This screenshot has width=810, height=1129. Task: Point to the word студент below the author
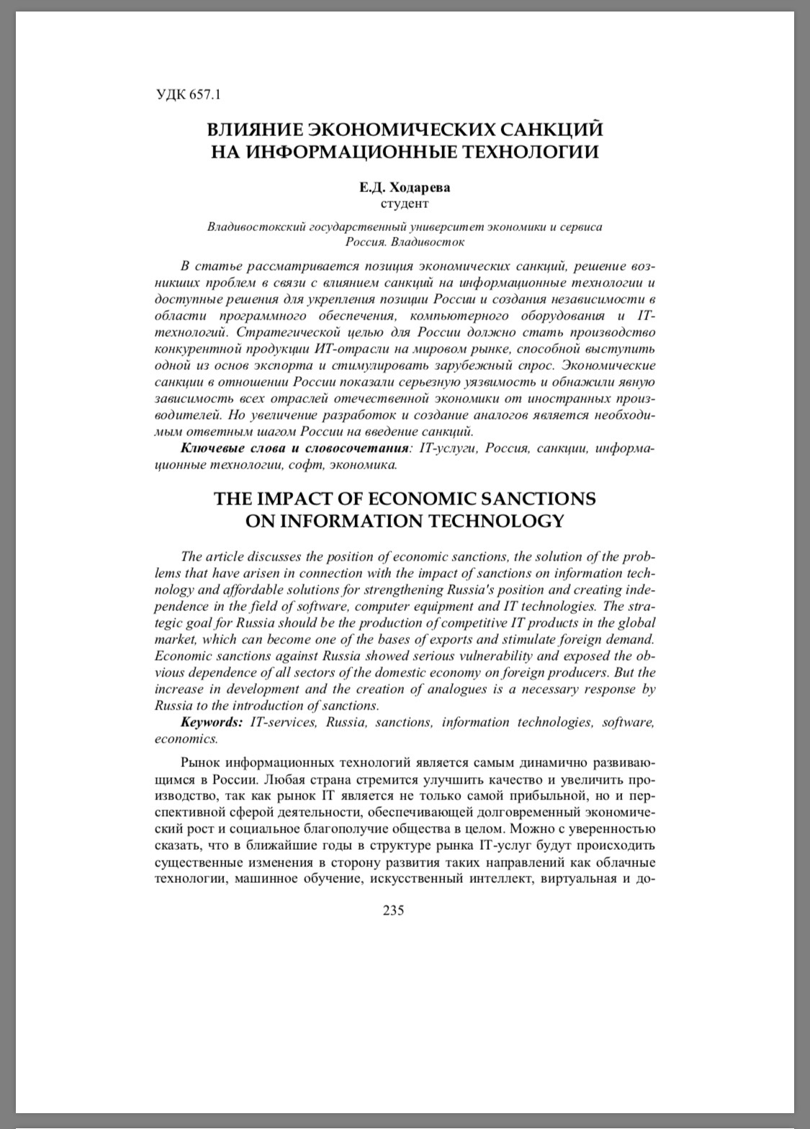[x=405, y=204]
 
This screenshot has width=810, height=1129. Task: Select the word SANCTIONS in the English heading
[x=531, y=499]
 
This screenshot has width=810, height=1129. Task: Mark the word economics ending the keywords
[x=184, y=739]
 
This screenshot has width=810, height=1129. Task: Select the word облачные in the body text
[x=625, y=862]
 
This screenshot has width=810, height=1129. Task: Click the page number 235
[x=394, y=910]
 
